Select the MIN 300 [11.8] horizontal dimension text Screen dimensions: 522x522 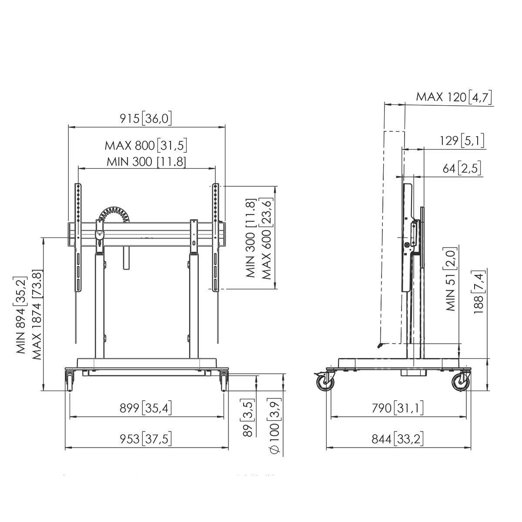tap(146, 162)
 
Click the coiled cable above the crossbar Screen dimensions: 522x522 tap(114, 216)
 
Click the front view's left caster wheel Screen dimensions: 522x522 tap(70, 381)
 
